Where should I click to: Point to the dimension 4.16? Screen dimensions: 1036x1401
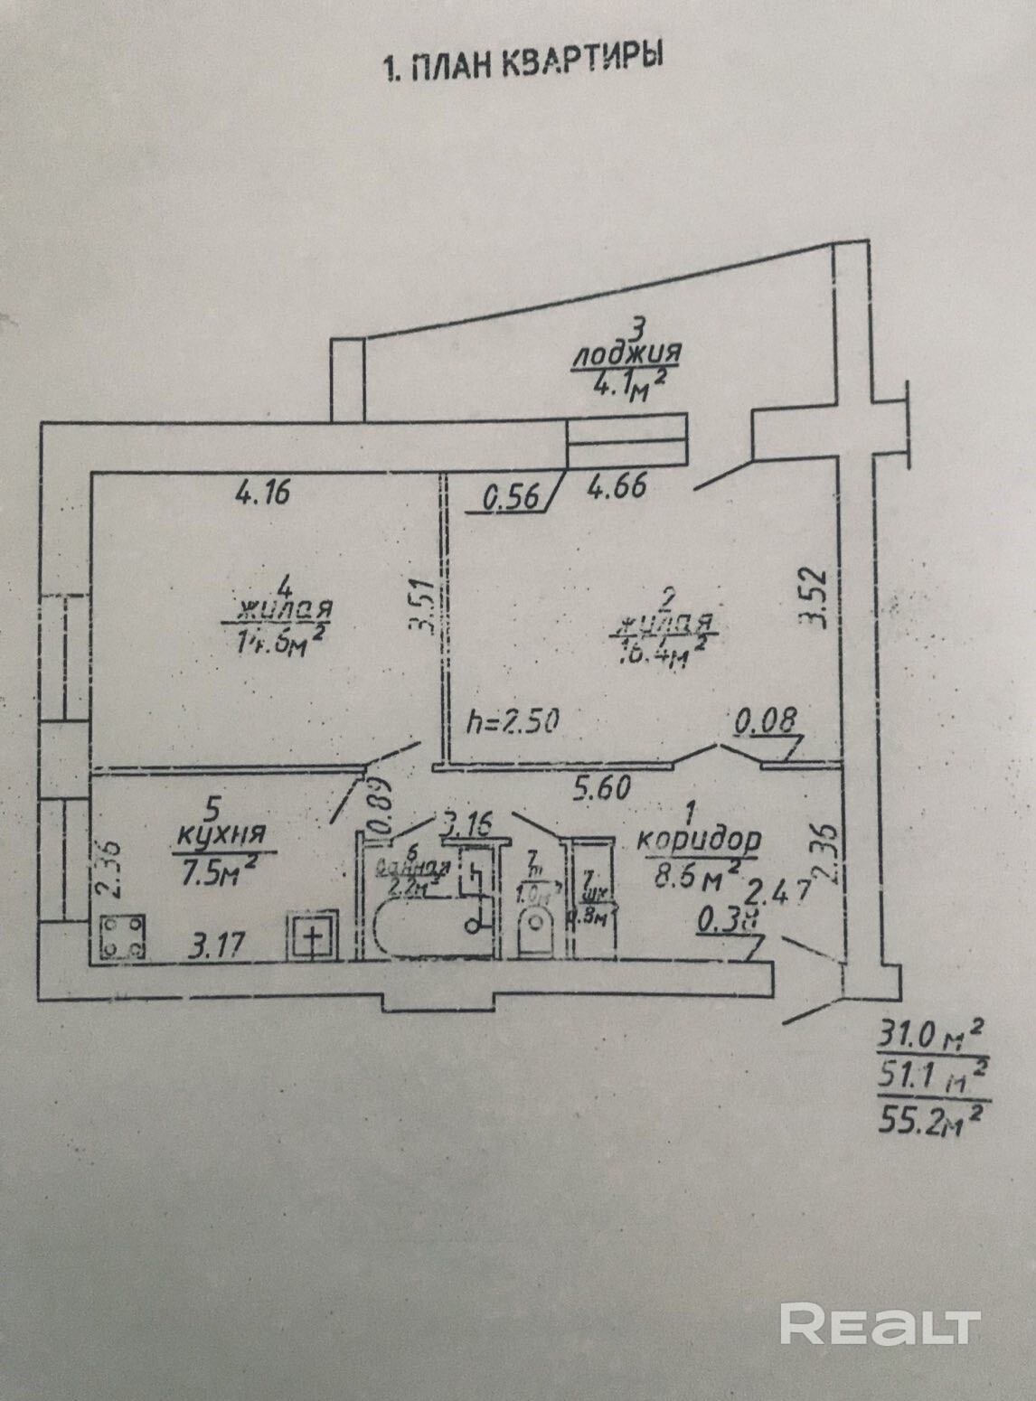[x=262, y=494]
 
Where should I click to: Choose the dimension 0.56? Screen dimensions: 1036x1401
[x=512, y=497]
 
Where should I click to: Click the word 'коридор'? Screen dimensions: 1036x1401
[x=699, y=840]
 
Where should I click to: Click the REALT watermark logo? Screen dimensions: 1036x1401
[x=881, y=1325]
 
